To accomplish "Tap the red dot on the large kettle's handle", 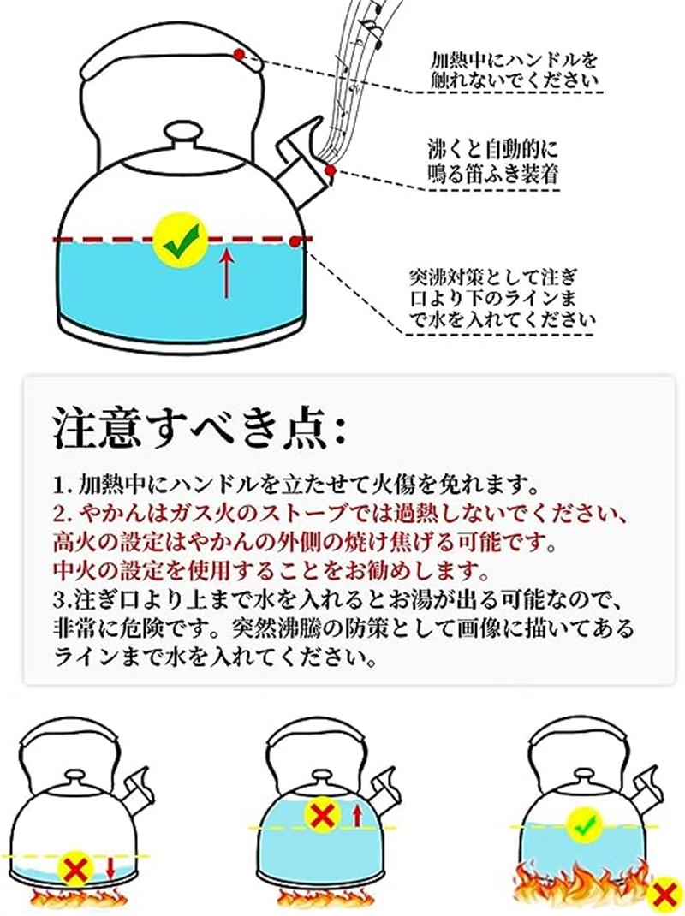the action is click(238, 54).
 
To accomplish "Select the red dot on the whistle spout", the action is click(330, 170).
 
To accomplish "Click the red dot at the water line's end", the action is click(295, 240).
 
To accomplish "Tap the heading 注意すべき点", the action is click(200, 430).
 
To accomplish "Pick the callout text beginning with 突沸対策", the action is click(502, 297).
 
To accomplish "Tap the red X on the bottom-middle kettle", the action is click(322, 816).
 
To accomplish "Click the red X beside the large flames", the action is click(664, 894).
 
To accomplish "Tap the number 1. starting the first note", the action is click(62, 485).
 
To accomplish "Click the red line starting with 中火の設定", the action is click(271, 568).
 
